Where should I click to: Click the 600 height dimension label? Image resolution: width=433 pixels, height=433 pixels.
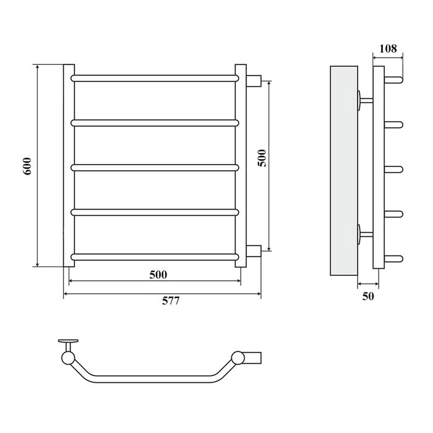pyautogui.click(x=27, y=166)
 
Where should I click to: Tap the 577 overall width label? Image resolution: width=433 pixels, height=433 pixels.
pyautogui.click(x=171, y=301)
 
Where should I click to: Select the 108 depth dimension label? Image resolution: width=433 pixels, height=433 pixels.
pyautogui.click(x=388, y=49)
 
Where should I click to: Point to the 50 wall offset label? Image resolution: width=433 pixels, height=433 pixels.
pyautogui.click(x=368, y=296)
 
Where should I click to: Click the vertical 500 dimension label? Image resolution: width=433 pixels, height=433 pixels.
pyautogui.click(x=262, y=158)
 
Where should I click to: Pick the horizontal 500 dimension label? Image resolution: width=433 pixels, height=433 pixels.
pyautogui.click(x=158, y=275)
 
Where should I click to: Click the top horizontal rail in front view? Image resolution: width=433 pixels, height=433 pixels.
pyautogui.click(x=155, y=78)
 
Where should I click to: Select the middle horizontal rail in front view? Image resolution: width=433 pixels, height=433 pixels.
pyautogui.click(x=155, y=168)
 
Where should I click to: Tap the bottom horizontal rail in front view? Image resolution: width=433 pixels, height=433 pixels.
pyautogui.click(x=155, y=257)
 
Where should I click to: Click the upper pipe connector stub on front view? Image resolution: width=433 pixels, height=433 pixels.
pyautogui.click(x=254, y=81)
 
